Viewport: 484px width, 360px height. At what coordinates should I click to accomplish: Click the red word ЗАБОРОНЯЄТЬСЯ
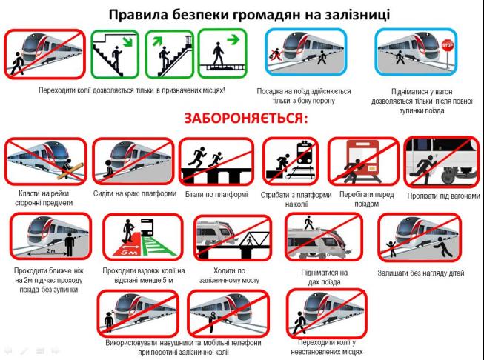(x=246, y=119)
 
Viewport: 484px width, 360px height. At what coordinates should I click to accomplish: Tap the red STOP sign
(x=447, y=45)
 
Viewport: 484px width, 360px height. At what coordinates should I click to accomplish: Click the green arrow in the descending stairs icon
(x=127, y=41)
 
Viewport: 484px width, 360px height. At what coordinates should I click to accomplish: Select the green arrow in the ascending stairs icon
(x=157, y=41)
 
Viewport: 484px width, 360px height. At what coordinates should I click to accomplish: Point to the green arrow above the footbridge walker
(x=233, y=39)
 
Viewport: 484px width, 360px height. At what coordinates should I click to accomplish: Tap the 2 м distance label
(x=50, y=250)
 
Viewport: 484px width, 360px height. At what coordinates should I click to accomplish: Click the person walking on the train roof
(x=308, y=222)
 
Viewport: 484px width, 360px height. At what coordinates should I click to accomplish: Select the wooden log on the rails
(x=70, y=171)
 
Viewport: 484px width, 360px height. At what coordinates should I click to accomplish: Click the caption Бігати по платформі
(x=216, y=194)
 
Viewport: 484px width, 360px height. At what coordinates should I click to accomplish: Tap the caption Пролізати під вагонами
(x=443, y=196)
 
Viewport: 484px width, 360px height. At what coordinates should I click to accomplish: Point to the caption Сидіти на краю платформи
(x=135, y=193)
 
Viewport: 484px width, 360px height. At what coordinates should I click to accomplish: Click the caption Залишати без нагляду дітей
(x=421, y=273)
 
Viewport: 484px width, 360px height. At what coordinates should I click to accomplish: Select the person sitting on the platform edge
(x=108, y=169)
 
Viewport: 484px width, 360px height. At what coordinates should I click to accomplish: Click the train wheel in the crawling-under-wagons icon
(x=450, y=176)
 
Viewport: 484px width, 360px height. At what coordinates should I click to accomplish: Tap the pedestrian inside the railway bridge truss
(x=249, y=240)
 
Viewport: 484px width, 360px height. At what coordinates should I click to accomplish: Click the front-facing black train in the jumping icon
(x=305, y=153)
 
